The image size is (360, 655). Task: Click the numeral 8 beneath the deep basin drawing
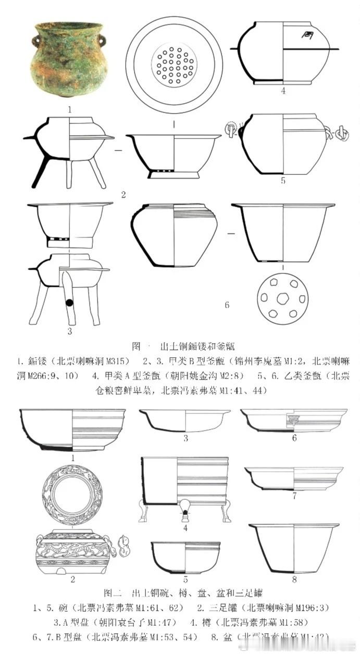[x=294, y=580]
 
